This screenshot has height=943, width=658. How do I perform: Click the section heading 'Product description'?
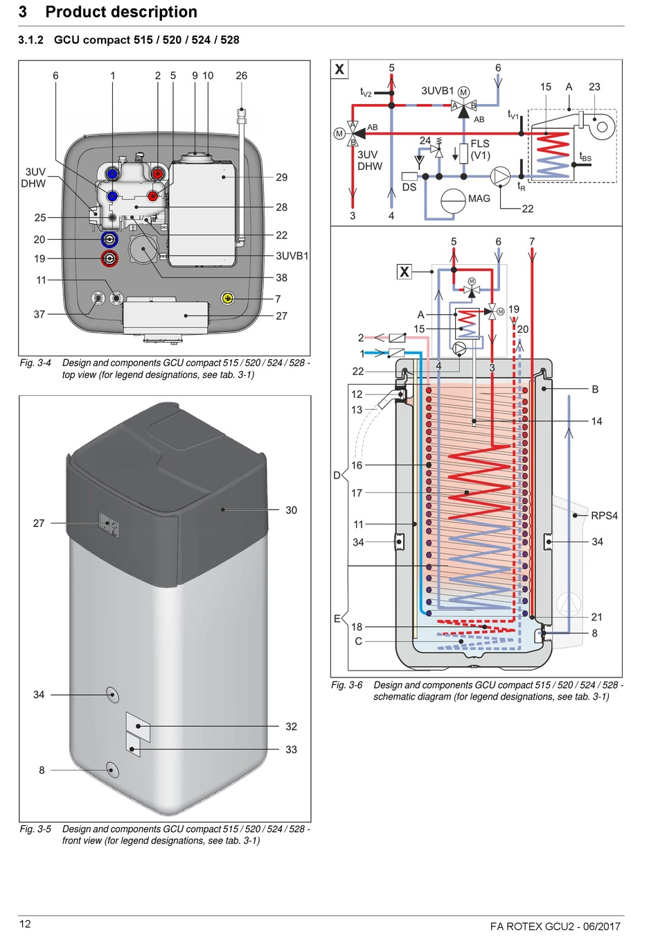pyautogui.click(x=121, y=12)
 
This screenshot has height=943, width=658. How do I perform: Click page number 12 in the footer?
pyautogui.click(x=25, y=924)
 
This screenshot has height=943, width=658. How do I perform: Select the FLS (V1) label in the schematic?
pyautogui.click(x=480, y=149)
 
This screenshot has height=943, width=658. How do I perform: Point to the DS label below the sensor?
pyautogui.click(x=409, y=187)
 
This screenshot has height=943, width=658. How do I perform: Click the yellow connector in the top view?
pyautogui.click(x=228, y=298)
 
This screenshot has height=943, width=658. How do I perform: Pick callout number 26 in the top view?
pyautogui.click(x=241, y=76)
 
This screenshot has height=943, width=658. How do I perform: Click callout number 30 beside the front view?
pyautogui.click(x=291, y=510)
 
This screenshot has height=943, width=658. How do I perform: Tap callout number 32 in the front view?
pyautogui.click(x=291, y=727)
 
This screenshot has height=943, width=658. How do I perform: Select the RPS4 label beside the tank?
pyautogui.click(x=604, y=516)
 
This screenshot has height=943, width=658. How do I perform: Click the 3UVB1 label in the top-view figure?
pyautogui.click(x=292, y=256)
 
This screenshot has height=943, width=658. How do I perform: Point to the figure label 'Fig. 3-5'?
pyautogui.click(x=35, y=829)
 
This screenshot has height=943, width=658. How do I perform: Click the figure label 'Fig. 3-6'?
pyautogui.click(x=346, y=685)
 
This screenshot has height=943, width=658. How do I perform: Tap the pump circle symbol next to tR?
pyautogui.click(x=500, y=177)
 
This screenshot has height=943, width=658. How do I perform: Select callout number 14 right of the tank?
pyautogui.click(x=596, y=421)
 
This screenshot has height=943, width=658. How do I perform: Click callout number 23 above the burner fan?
pyautogui.click(x=594, y=87)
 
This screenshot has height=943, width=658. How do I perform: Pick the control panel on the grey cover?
pyautogui.click(x=109, y=525)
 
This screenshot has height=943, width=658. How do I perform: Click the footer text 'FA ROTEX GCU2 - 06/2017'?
pyautogui.click(x=555, y=926)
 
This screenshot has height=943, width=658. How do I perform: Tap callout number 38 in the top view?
pyautogui.click(x=281, y=277)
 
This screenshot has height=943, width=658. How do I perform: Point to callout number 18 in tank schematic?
pyautogui.click(x=357, y=627)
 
